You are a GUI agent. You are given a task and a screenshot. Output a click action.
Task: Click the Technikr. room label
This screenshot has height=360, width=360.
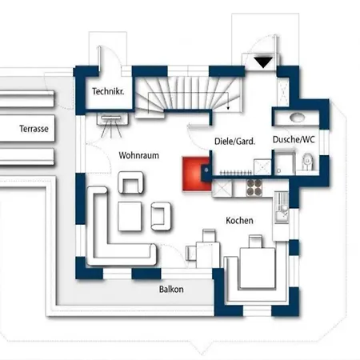(108, 91)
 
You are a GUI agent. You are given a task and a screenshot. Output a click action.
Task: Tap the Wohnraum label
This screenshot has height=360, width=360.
(138, 155)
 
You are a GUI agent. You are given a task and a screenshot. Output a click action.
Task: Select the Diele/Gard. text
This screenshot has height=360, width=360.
(234, 141)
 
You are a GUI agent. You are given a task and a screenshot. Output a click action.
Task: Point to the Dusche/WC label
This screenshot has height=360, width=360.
(294, 139)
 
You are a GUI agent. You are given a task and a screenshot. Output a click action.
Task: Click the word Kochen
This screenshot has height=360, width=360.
(239, 220)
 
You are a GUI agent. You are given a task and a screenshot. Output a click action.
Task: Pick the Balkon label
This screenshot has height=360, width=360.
(171, 289)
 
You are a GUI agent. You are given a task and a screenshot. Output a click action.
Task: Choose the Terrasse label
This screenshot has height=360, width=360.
(34, 129)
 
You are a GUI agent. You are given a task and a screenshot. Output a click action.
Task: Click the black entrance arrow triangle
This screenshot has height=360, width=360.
(263, 62)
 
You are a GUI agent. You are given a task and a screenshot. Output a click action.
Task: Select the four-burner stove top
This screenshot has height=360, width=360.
(254, 187)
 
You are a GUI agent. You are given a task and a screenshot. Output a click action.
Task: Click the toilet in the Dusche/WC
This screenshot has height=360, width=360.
(307, 162)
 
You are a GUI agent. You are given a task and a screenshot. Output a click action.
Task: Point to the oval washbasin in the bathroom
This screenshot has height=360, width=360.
(297, 117)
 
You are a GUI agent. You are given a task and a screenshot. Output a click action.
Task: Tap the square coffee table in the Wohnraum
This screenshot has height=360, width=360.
(130, 216)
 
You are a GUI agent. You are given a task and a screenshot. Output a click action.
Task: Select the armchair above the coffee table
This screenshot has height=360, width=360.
(130, 182)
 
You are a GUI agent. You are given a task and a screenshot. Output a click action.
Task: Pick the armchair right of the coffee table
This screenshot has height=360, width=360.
(161, 216)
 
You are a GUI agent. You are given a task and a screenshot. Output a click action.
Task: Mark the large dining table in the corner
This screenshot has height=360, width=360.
(257, 268)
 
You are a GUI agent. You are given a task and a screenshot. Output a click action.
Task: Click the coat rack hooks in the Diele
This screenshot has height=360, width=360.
(235, 173)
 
